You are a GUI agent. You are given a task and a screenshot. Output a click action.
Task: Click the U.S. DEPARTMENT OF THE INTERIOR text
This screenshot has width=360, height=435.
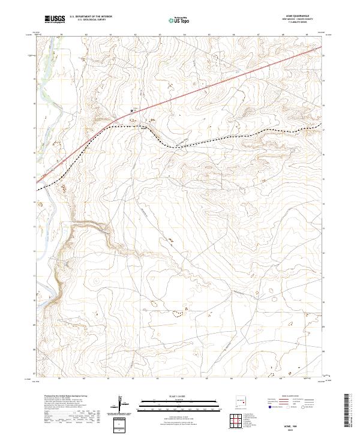click(x=91, y=17)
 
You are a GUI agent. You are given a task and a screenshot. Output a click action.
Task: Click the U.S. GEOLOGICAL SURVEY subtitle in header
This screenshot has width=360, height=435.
click(x=88, y=20)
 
